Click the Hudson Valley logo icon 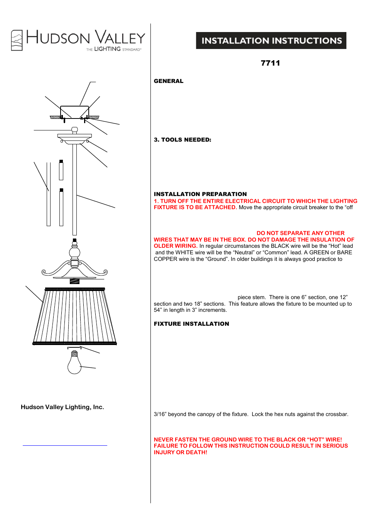coord(17,40)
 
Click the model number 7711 coord(270,63)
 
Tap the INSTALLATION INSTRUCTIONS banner coord(271,41)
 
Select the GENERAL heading coord(169,81)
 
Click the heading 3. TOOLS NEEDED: coord(182,140)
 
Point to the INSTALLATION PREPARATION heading coord(200,194)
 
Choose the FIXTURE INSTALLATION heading coord(191,324)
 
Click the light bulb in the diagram coord(74,363)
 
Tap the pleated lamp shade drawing coord(74,316)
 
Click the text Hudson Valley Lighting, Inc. coord(62,407)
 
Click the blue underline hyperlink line coord(65,445)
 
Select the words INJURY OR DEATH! coord(181,452)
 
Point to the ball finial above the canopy coord(75,130)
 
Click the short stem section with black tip coord(61,170)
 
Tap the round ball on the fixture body coord(74,253)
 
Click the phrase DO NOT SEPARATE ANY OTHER coord(300,233)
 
